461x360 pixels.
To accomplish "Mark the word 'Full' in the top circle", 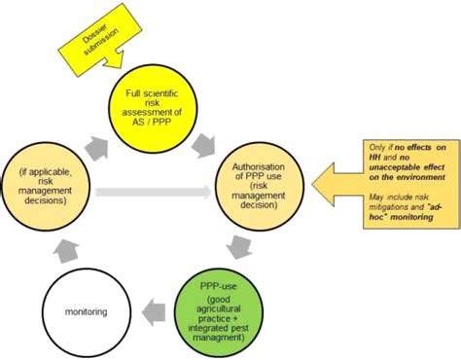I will (x=138, y=92).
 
